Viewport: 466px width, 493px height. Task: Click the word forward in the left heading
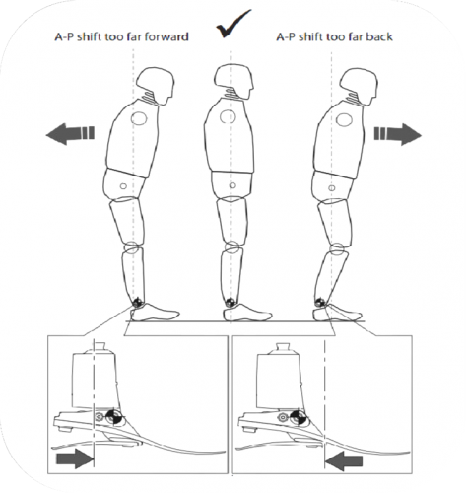[166, 36]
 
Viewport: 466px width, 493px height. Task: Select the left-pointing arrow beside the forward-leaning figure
[70, 134]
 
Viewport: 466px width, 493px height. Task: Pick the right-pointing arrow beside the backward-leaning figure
[398, 134]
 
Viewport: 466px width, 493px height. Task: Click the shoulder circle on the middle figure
[228, 116]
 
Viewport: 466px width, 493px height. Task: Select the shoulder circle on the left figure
[139, 118]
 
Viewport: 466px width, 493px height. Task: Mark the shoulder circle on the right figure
[344, 119]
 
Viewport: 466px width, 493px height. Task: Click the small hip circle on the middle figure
[233, 185]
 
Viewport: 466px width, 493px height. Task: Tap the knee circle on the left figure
[132, 248]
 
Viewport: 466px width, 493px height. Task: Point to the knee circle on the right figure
[336, 249]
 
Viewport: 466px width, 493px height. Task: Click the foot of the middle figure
[247, 313]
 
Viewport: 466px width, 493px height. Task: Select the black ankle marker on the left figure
[138, 301]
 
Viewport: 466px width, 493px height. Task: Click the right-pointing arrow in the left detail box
[75, 458]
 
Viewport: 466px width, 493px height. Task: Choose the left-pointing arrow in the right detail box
[344, 460]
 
